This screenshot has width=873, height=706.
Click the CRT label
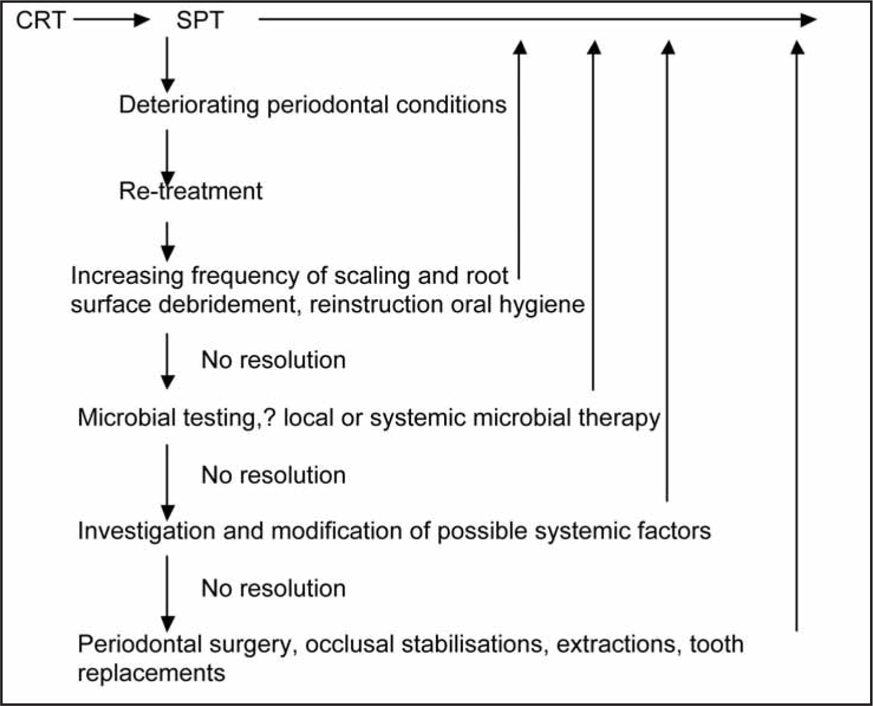(x=41, y=20)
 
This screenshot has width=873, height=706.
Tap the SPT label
(x=200, y=20)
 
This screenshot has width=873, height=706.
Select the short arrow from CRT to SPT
(x=111, y=19)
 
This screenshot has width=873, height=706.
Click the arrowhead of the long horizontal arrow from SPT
(x=808, y=19)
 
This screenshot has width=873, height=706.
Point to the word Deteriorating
(x=189, y=105)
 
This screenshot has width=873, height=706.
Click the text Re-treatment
(x=191, y=191)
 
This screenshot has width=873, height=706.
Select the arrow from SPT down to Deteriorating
(x=167, y=65)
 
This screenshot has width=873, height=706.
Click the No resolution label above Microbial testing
(x=273, y=360)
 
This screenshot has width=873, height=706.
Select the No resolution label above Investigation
(x=273, y=475)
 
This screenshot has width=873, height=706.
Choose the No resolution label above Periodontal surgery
(x=273, y=589)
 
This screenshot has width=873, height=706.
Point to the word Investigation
(x=146, y=531)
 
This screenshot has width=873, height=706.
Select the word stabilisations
(x=472, y=644)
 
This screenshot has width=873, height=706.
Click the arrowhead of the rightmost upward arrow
(x=797, y=48)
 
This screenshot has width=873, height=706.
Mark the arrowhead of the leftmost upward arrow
(x=520, y=48)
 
